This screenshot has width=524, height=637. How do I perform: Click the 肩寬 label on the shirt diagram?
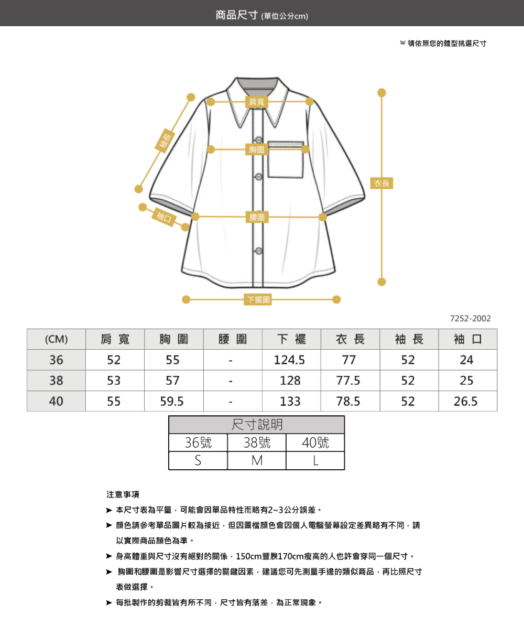[256, 102]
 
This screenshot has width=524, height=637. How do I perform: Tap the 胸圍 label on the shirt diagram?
[257, 149]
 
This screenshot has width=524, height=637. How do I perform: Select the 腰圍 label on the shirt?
[257, 217]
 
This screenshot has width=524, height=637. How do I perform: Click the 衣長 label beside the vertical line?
[381, 183]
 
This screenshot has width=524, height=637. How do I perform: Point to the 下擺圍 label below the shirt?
[258, 299]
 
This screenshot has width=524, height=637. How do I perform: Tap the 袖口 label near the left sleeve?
[164, 217]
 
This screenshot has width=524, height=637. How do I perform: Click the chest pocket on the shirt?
[286, 159]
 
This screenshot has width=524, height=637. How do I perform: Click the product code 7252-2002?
[470, 318]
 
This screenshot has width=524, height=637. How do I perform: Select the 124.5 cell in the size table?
[289, 360]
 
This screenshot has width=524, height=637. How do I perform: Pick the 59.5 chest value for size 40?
[172, 402]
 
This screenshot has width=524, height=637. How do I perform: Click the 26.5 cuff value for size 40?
[465, 402]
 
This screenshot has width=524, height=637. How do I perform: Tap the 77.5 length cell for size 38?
[348, 381]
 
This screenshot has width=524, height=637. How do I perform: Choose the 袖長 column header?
[409, 339]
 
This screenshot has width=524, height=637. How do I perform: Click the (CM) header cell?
[57, 339]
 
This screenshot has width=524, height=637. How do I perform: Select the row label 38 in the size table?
[56, 381]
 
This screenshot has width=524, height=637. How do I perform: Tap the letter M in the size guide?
[257, 461]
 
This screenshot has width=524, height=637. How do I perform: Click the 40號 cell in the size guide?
[315, 442]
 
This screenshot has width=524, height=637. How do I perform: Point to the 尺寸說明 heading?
[257, 425]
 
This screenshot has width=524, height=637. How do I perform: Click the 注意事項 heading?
[123, 494]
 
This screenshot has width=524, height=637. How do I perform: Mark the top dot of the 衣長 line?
[381, 93]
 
